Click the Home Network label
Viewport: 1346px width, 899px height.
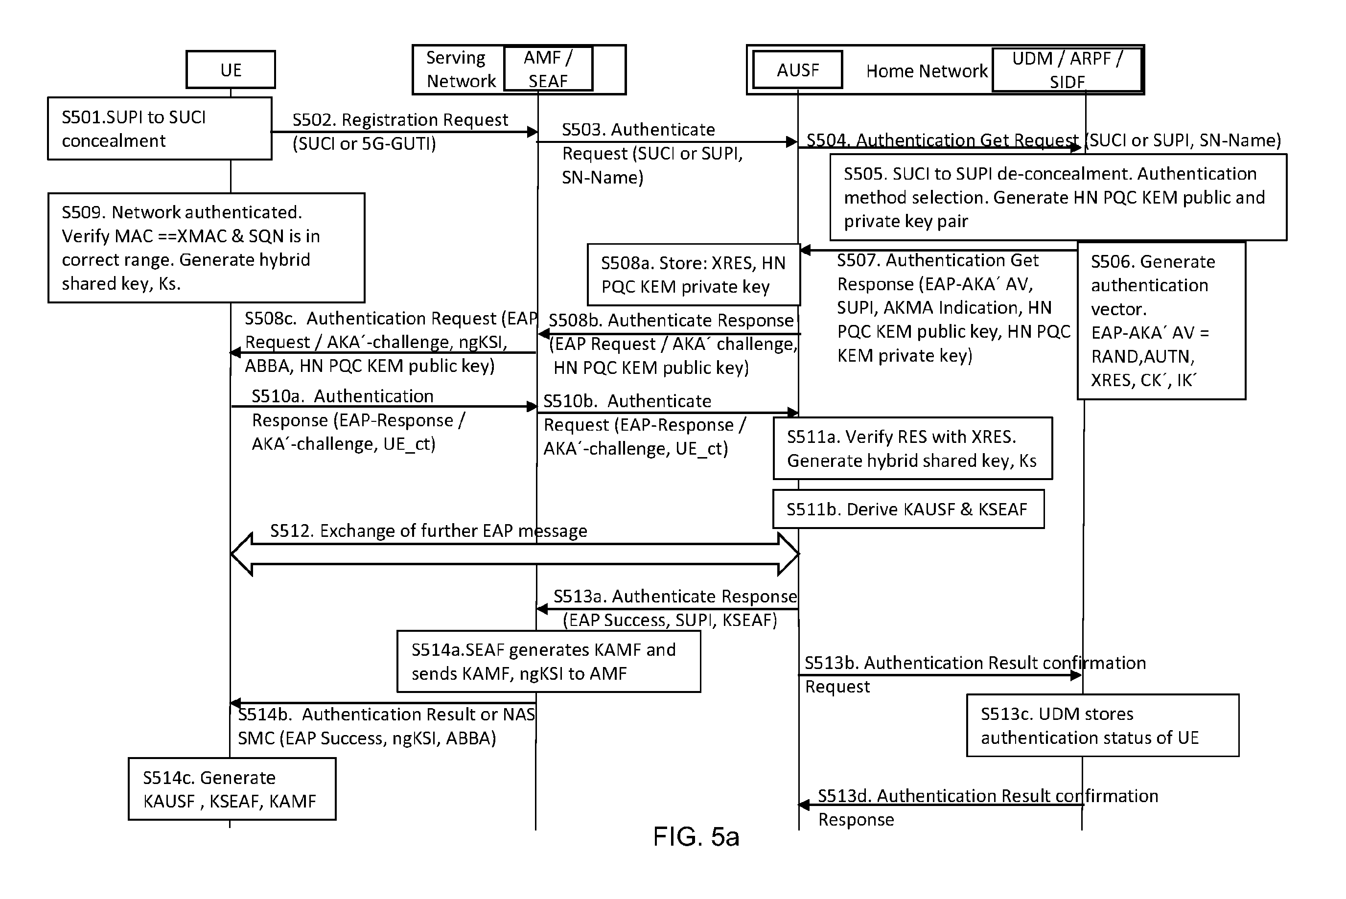(927, 70)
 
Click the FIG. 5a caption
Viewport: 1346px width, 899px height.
(696, 836)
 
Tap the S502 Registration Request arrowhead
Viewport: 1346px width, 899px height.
(533, 132)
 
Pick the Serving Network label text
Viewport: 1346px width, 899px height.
(460, 69)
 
